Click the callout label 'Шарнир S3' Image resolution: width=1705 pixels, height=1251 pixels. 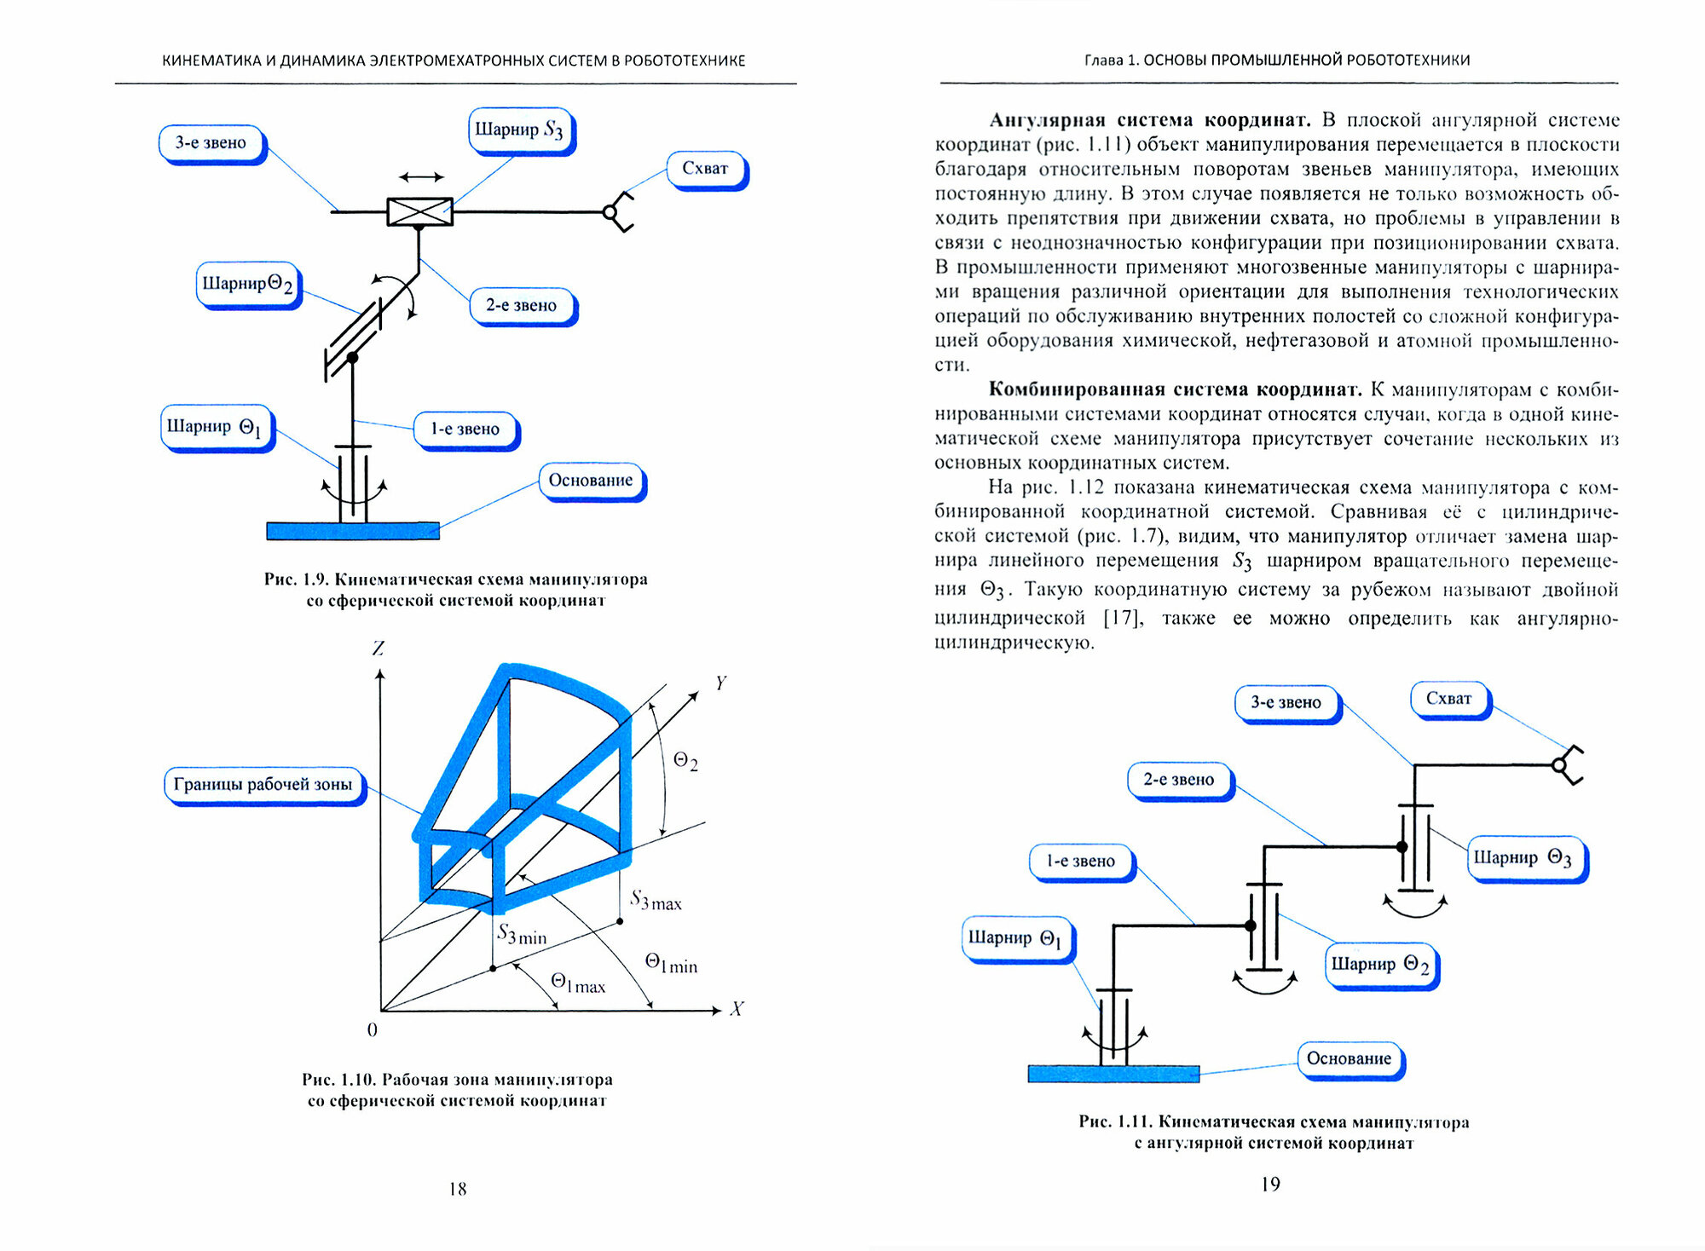pyautogui.click(x=520, y=130)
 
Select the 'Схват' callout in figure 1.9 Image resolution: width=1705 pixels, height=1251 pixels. pyautogui.click(x=705, y=169)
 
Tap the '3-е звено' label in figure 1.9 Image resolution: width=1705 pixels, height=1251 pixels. pyautogui.click(x=211, y=143)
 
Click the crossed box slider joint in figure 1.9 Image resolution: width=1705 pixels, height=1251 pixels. pyautogui.click(x=419, y=211)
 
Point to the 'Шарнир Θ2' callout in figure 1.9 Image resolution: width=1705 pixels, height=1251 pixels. pyautogui.click(x=247, y=284)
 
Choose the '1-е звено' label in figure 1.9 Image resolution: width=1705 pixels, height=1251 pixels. pyautogui.click(x=465, y=429)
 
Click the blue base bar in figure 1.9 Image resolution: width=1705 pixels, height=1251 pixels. pyautogui.click(x=353, y=531)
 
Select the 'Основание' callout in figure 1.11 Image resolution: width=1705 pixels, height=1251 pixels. pyautogui.click(x=1349, y=1059)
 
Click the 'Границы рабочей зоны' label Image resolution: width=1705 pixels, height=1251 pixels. pyautogui.click(x=263, y=785)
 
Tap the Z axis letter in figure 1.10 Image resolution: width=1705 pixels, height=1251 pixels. pyautogui.click(x=378, y=649)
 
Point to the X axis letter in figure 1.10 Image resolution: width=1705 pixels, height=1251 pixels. pyautogui.click(x=737, y=1009)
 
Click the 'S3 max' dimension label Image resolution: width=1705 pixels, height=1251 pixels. pyautogui.click(x=656, y=901)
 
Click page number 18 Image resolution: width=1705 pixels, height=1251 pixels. pyautogui.click(x=458, y=1189)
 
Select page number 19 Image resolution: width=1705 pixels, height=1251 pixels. pyautogui.click(x=1270, y=1184)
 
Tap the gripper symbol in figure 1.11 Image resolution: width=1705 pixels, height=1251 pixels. pyautogui.click(x=1568, y=764)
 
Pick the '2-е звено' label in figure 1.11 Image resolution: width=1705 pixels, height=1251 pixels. pyautogui.click(x=1178, y=780)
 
